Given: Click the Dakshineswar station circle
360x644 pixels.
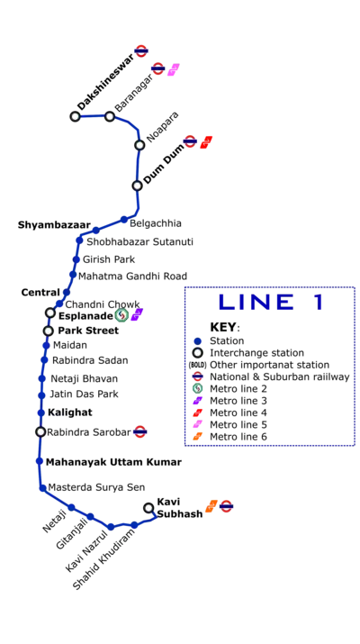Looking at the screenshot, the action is coord(75,117).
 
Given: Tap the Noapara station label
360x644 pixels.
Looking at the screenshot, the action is coord(163,126).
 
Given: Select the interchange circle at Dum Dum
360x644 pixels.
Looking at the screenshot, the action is coord(138,186).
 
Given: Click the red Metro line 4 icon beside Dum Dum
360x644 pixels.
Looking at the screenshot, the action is coord(206,142).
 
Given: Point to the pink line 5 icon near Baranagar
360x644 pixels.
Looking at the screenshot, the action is coord(174,69).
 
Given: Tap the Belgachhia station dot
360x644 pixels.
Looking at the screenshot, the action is coord(124,220).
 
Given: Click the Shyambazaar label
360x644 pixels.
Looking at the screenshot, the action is coord(54,225).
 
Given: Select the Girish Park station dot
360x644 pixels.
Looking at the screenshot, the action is coord(76,259).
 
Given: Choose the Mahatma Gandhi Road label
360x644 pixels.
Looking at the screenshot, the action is coord(132,276).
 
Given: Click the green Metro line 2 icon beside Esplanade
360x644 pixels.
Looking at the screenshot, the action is coord(121,315).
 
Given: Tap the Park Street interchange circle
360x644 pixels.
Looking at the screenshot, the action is coord(49,331).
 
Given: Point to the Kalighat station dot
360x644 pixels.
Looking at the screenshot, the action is coord(41,413).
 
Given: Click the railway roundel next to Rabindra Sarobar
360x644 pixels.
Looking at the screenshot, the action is coord(140,431).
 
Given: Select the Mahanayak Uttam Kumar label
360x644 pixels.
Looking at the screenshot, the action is coord(113,462).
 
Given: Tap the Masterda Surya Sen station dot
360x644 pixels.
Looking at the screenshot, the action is coord(42,488).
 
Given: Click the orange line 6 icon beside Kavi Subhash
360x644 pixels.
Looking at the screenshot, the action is coord(211,506).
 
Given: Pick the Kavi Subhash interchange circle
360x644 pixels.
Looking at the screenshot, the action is coord(148,508).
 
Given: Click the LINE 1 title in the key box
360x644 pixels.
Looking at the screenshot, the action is coord(271,303).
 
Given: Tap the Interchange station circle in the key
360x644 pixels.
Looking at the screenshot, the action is coord(198,353).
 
